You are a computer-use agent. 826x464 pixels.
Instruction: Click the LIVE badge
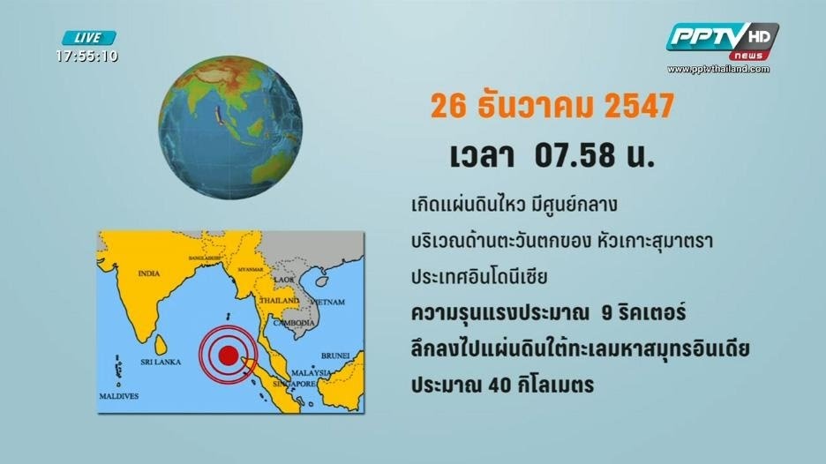(89, 38)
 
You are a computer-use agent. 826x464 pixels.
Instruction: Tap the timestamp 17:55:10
(86, 56)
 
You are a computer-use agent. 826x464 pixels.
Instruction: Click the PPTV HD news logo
(722, 41)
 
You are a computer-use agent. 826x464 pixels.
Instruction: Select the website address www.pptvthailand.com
(718, 69)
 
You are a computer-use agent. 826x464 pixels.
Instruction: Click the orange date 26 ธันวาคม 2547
(552, 105)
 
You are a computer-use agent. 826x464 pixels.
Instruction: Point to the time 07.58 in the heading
(574, 155)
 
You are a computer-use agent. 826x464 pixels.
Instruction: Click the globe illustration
(230, 127)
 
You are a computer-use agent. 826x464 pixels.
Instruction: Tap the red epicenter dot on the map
(228, 355)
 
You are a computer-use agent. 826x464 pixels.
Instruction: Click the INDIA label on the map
(149, 273)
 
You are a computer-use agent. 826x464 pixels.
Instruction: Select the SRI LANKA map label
(161, 362)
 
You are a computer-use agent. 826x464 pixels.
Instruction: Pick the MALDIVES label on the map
(119, 396)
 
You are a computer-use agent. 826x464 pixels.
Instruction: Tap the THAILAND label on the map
(279, 300)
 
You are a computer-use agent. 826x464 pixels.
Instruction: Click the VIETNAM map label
(327, 302)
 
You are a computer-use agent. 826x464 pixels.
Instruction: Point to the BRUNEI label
(335, 355)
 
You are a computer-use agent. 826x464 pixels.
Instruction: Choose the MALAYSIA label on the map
(312, 372)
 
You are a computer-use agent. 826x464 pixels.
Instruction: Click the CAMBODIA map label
(294, 322)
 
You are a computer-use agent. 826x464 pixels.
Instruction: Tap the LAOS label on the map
(284, 279)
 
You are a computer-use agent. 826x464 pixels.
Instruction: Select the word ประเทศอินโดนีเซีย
(479, 277)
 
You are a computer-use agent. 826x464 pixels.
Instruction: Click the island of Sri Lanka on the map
(161, 345)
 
